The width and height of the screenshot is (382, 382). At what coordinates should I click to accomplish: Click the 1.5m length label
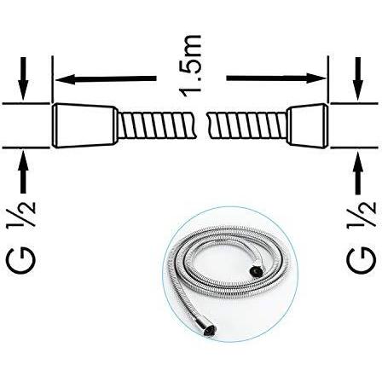click(190, 67)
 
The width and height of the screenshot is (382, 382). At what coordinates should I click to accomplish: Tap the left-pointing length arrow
click(106, 78)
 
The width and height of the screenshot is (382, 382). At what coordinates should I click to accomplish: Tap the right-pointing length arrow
click(275, 78)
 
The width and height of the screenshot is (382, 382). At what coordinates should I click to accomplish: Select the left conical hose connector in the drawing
click(84, 125)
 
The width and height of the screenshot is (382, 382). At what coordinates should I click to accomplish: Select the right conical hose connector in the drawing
click(308, 125)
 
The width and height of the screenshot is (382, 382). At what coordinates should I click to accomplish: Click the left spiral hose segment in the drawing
click(157, 125)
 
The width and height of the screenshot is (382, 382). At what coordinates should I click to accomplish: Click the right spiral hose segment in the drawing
click(246, 125)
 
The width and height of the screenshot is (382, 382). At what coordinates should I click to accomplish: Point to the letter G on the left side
click(21, 261)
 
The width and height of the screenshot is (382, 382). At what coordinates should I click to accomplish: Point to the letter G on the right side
click(362, 261)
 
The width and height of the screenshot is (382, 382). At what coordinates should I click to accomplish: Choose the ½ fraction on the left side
click(21, 214)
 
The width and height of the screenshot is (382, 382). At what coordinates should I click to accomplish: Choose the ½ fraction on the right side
click(362, 214)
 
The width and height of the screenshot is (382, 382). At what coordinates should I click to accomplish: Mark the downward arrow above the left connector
click(23, 78)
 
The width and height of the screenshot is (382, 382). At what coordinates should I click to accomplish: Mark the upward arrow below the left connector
click(23, 172)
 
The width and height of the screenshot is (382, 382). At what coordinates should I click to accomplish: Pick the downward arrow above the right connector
click(358, 78)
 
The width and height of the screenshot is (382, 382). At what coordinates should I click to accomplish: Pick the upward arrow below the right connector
click(358, 172)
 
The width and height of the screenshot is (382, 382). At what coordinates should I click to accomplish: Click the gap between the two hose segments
click(201, 125)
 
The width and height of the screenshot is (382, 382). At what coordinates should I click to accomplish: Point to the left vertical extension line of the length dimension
click(53, 79)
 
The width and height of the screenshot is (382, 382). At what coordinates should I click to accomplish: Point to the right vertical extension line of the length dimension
click(328, 79)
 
